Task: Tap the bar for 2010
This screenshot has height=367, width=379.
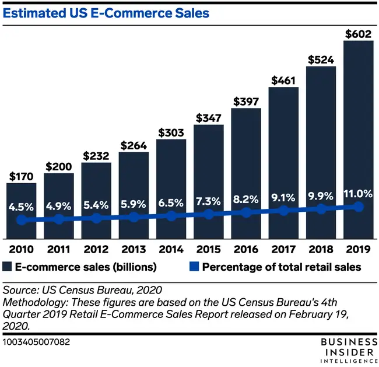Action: pyautogui.click(x=22, y=210)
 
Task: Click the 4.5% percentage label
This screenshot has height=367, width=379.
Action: pyautogui.click(x=22, y=206)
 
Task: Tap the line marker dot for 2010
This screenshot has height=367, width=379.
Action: pyautogui.click(x=22, y=220)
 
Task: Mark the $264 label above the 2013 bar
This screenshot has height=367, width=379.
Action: pyautogui.click(x=133, y=145)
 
